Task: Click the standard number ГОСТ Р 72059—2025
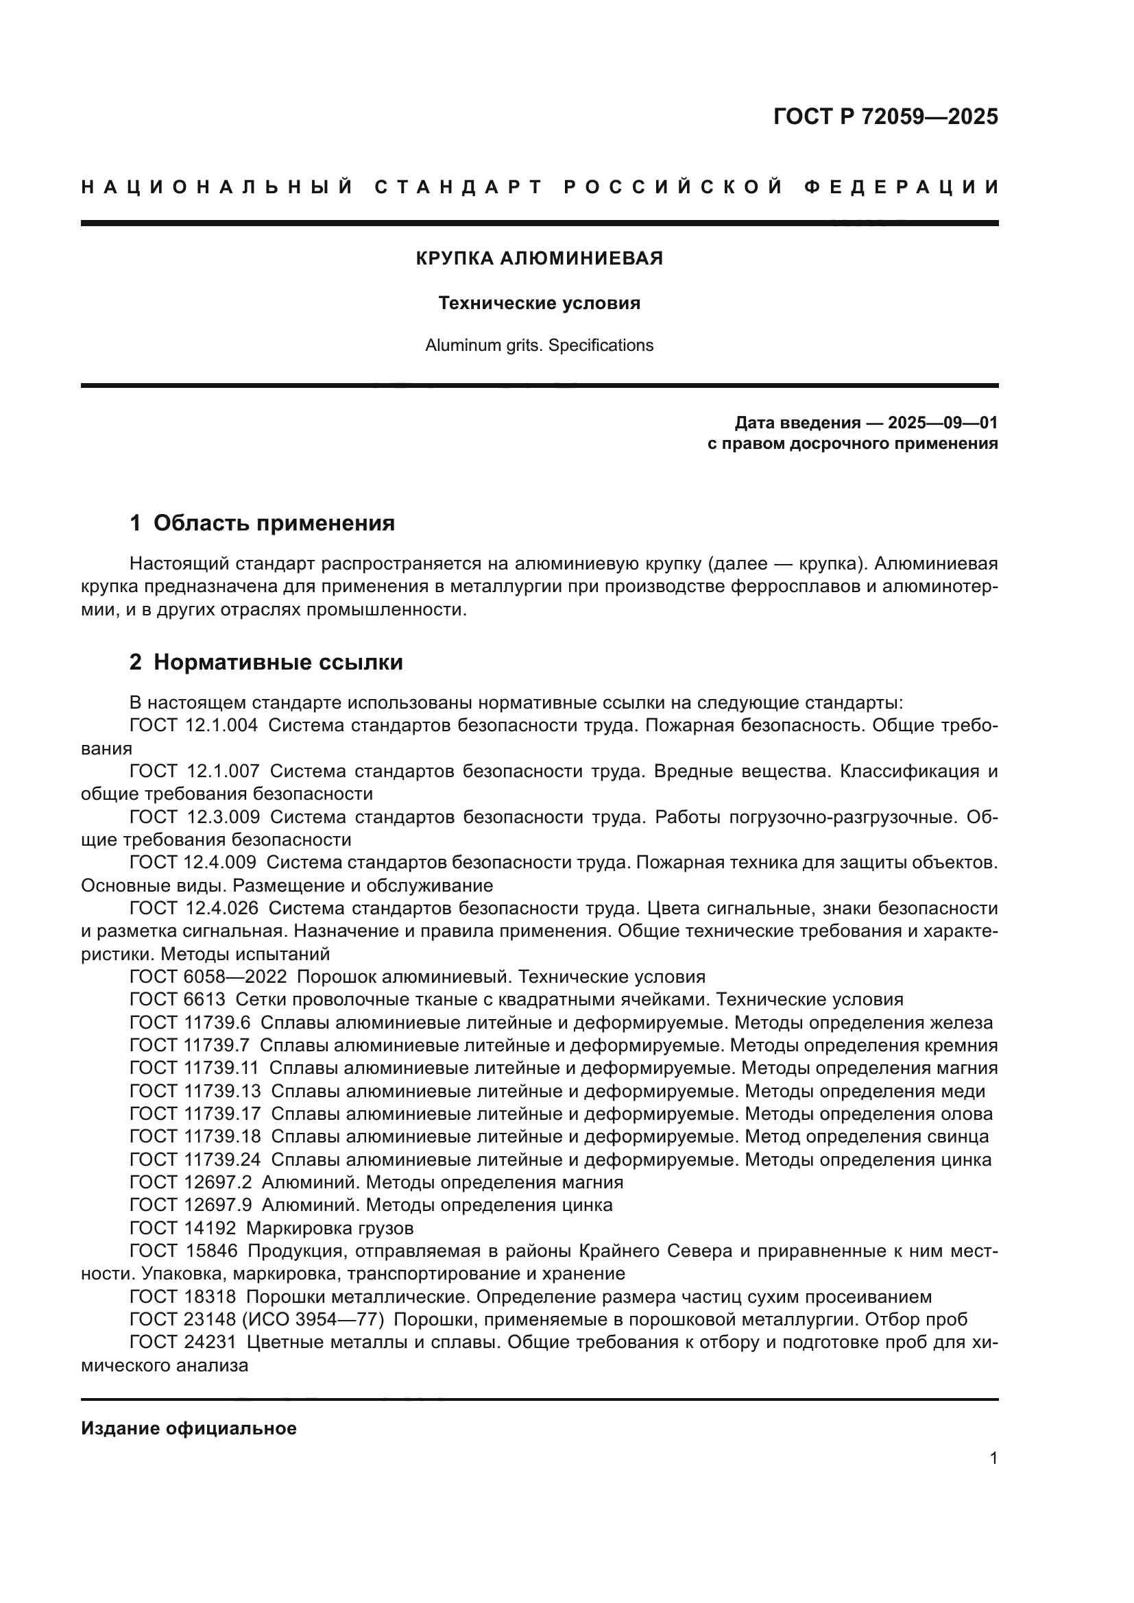(x=884, y=117)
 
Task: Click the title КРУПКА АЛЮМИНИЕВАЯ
(x=539, y=258)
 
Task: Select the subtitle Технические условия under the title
(x=539, y=303)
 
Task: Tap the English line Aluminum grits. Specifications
(x=539, y=345)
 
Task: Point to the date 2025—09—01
(x=942, y=423)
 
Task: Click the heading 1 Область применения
(x=262, y=523)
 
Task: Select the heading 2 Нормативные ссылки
(x=266, y=662)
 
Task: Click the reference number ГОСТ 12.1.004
(x=193, y=726)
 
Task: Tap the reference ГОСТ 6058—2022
(x=208, y=977)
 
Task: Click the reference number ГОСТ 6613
(x=178, y=1000)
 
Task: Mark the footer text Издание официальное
(x=189, y=1428)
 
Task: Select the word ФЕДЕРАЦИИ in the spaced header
(x=902, y=187)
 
